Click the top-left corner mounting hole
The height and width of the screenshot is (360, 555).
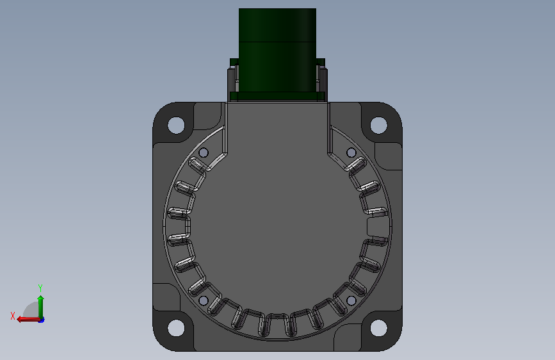pos(176,125)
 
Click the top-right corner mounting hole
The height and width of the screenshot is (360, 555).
pos(379,125)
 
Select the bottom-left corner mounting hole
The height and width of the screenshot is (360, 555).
pos(176,328)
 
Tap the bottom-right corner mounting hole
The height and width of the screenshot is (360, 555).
pos(379,328)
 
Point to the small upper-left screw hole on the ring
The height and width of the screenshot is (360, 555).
pos(204,152)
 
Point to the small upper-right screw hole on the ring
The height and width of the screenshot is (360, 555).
pos(351,152)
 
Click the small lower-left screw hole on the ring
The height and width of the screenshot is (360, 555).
pos(204,301)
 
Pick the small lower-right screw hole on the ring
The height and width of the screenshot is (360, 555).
pos(351,301)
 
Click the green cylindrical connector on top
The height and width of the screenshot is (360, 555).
pos(278,51)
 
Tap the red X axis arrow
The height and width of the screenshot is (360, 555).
pos(28,320)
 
